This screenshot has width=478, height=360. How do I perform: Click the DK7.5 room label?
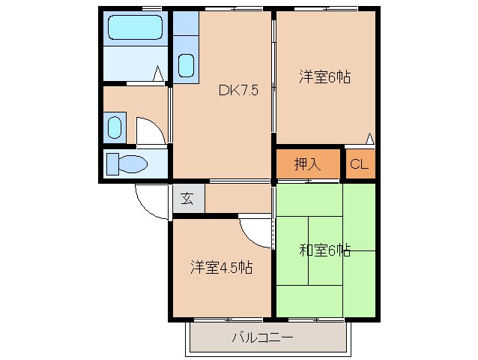click(238, 91)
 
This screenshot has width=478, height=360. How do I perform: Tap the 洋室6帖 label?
click(326, 76)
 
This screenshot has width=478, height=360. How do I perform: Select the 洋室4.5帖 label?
click(221, 267)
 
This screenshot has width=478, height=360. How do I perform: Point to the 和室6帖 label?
click(325, 250)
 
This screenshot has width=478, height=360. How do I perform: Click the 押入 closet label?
click(307, 164)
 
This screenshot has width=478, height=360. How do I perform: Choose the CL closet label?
click(359, 165)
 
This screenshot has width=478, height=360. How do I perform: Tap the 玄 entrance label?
click(187, 199)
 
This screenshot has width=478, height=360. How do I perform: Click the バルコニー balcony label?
click(262, 337)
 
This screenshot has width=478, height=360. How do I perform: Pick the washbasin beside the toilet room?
click(114, 127)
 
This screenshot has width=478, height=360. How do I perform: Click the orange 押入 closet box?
click(307, 164)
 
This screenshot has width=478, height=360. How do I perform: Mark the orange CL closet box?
click(359, 165)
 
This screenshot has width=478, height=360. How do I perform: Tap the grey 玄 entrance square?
click(187, 199)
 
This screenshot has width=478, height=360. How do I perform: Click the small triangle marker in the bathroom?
click(158, 73)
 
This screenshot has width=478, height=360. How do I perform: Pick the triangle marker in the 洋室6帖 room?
click(369, 138)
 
